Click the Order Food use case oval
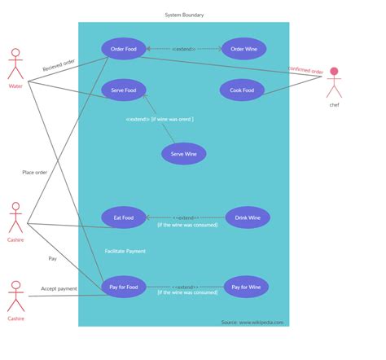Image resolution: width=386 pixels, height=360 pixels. point(124,49)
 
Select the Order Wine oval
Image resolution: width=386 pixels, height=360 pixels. point(243,49)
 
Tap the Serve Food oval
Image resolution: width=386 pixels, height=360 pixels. point(124,90)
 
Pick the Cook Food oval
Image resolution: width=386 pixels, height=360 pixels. point(242,90)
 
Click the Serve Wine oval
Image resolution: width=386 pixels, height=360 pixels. point(183,153)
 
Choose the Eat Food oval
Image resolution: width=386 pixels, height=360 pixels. point(124,217)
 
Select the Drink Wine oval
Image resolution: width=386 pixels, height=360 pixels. point(247,217)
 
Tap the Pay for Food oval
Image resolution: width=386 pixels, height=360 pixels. point(124,287)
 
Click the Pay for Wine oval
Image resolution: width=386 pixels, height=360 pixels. point(246,287)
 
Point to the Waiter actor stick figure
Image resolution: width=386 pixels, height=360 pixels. point(15,64)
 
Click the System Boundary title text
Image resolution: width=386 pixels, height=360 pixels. point(184,15)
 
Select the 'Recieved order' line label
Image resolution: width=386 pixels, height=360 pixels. point(59,66)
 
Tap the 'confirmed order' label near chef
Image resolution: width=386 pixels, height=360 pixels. point(305,71)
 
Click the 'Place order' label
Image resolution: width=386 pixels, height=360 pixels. point(34,172)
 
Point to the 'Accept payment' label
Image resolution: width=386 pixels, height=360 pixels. point(59,288)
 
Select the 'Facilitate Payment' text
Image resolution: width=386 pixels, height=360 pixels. point(125,251)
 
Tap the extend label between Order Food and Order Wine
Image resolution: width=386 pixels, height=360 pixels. point(184,49)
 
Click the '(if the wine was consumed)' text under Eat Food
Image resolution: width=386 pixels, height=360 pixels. point(187,225)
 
